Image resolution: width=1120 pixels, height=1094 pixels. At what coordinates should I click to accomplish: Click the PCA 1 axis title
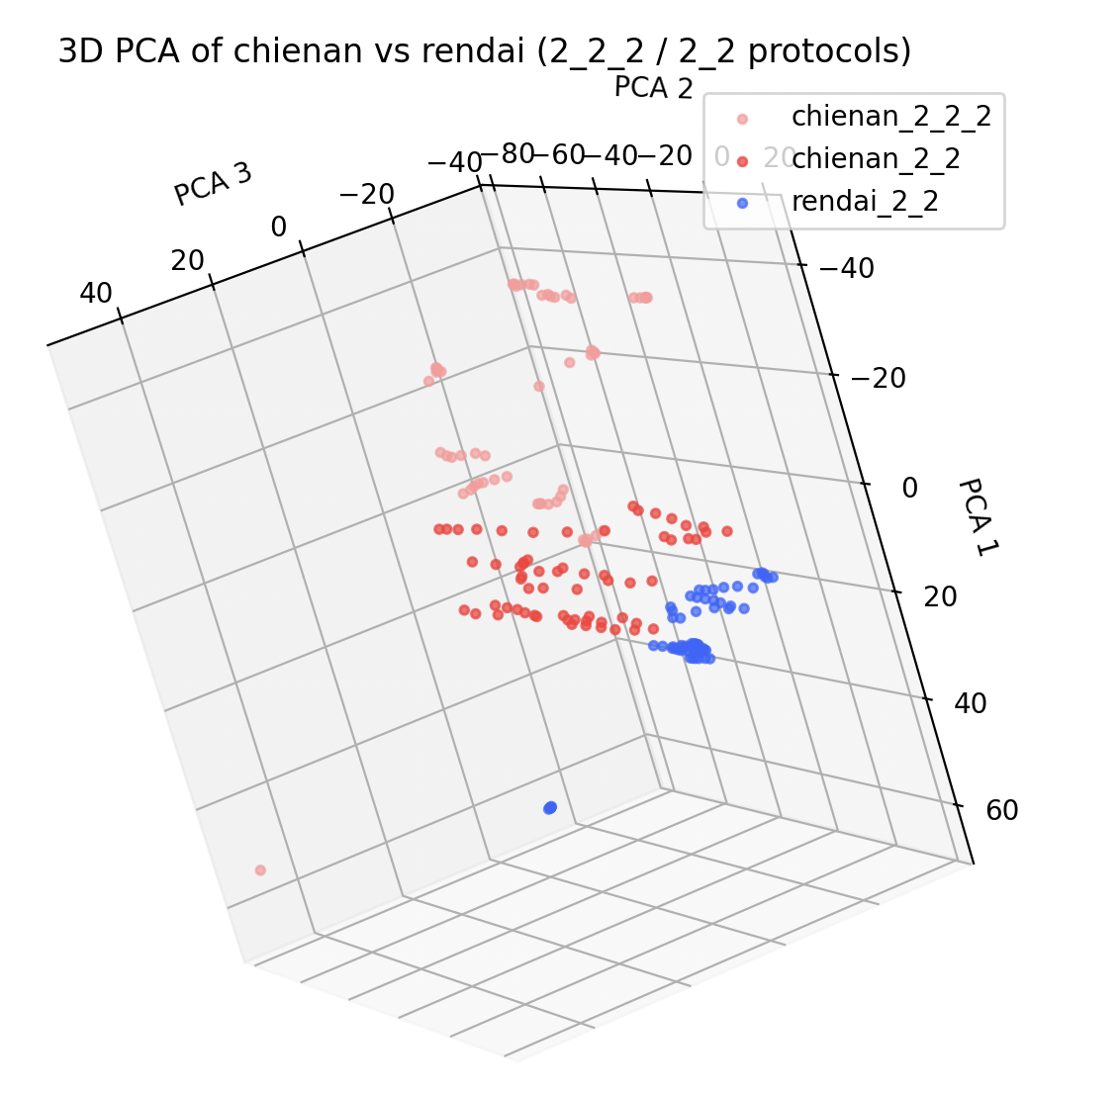[974, 516]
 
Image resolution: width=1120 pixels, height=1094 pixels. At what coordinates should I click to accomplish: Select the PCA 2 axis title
[653, 88]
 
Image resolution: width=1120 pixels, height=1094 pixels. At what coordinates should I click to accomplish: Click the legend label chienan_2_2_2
[890, 117]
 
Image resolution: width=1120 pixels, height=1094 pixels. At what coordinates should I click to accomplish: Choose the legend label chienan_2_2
[876, 158]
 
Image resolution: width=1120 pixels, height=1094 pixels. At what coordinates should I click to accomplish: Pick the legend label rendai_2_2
[865, 202]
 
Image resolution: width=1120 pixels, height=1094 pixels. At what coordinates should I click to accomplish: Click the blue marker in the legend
[742, 203]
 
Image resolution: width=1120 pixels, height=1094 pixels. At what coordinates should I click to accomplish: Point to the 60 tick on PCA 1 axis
[1002, 811]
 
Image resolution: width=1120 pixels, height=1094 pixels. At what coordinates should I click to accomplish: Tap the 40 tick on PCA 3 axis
[95, 294]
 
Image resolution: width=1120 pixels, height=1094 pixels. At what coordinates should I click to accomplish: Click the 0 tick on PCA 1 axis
[909, 488]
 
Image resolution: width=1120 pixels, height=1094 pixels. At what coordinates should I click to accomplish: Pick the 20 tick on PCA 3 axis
[187, 261]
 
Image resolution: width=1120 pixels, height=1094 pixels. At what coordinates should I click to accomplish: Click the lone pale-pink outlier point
[260, 870]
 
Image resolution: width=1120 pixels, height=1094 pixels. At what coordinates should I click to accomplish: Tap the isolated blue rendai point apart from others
[550, 808]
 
